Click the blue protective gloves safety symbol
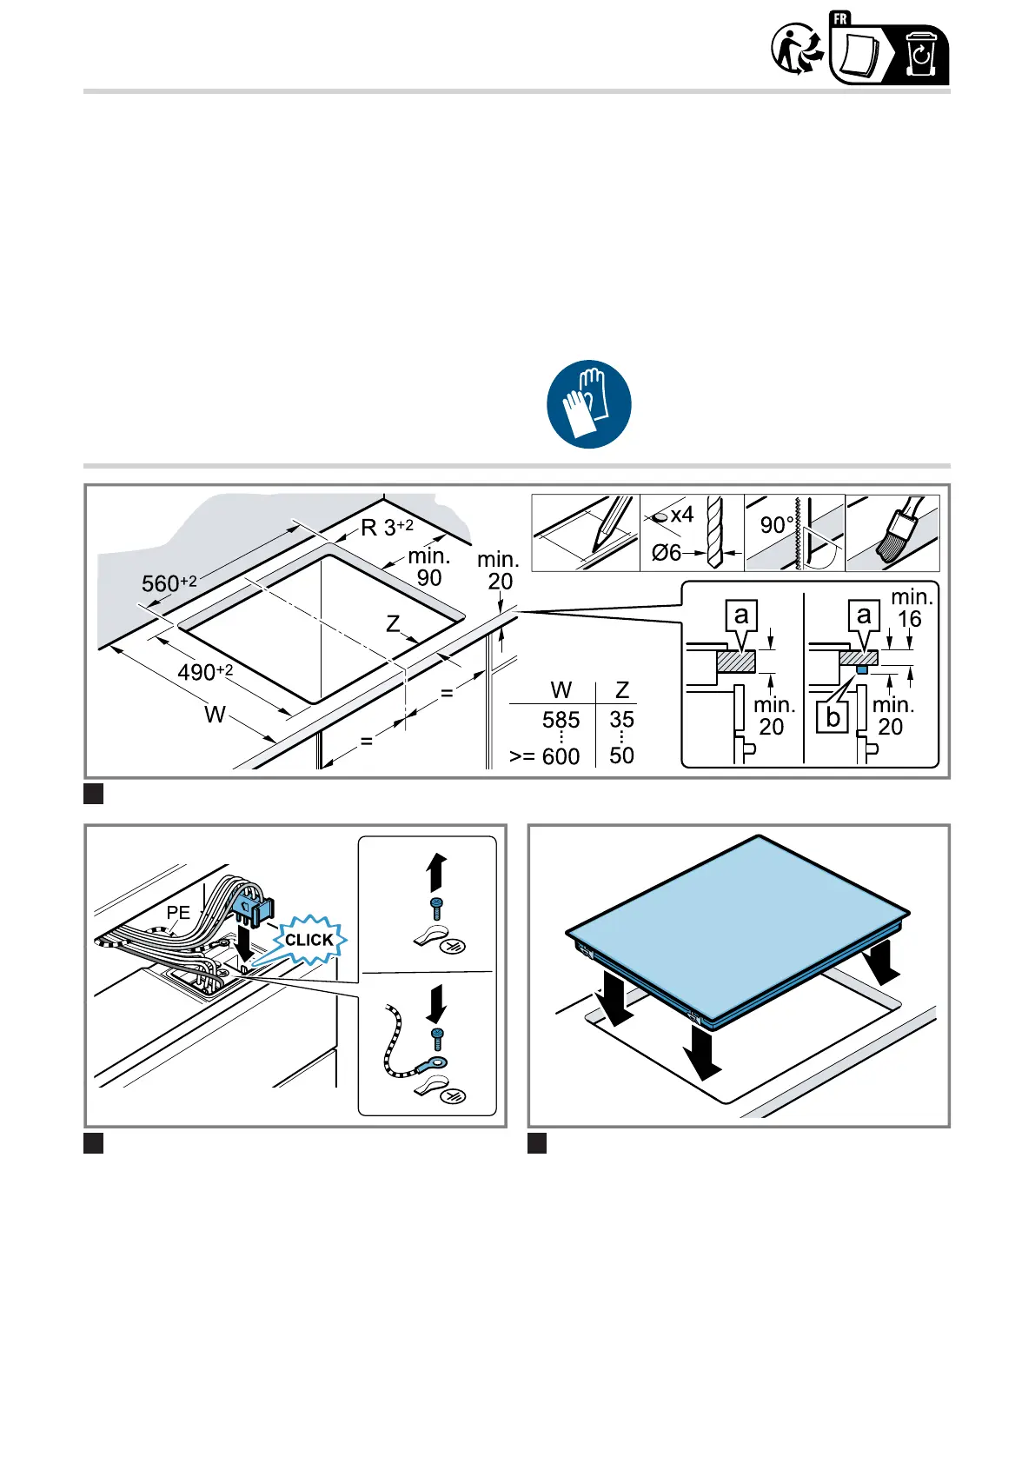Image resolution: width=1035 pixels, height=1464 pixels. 588,404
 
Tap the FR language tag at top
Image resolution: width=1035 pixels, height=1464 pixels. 840,19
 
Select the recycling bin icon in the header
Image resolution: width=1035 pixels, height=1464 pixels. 920,54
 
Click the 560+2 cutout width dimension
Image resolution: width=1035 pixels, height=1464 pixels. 169,582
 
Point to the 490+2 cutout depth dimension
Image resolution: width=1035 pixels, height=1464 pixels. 205,671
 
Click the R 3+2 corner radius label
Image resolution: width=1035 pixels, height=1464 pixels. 387,527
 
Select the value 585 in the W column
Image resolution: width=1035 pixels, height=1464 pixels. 561,720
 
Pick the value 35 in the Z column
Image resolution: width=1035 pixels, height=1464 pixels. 621,720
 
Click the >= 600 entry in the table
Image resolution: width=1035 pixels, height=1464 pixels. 544,756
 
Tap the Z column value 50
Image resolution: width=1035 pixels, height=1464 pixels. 621,755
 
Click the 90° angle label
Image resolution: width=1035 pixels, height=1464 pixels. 777,525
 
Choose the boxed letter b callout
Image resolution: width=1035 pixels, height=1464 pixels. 833,717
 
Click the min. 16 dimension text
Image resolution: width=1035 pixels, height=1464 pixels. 912,608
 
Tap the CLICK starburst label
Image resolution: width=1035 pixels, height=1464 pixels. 309,940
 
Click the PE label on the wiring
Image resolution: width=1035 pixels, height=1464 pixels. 178,912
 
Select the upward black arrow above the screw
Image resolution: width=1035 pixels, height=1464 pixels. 436,873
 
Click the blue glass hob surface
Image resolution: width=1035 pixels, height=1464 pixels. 737,921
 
